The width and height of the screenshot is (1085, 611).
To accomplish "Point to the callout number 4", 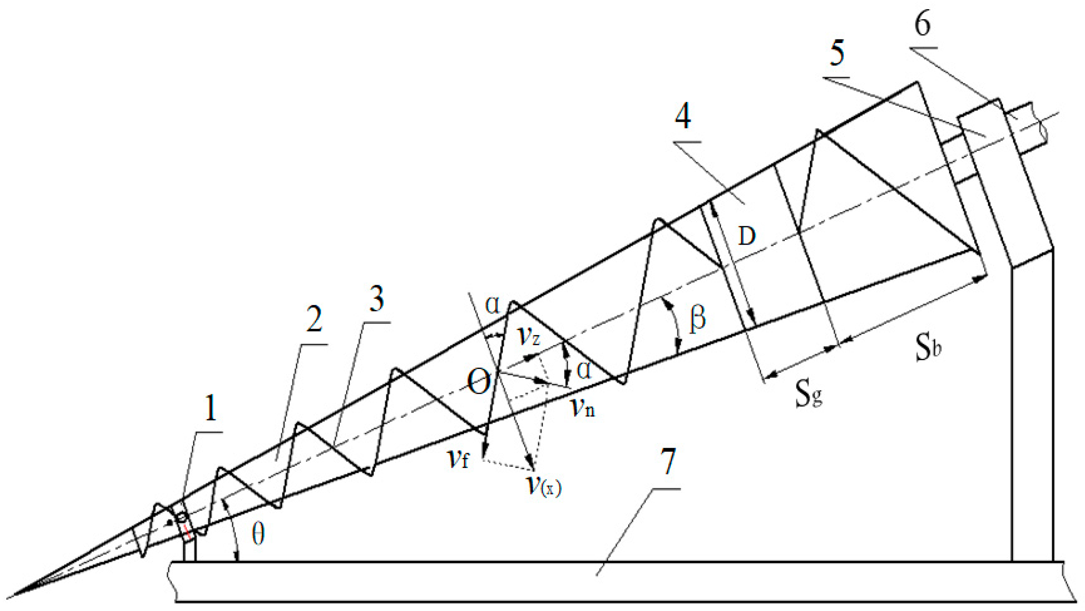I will coord(683,116).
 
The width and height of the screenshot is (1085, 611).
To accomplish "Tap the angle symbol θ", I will coord(258,535).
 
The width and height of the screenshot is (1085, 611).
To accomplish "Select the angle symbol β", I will coord(697,319).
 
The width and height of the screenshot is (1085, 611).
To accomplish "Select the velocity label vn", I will coord(583,407).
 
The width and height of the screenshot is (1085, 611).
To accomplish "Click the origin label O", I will coord(479,383).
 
